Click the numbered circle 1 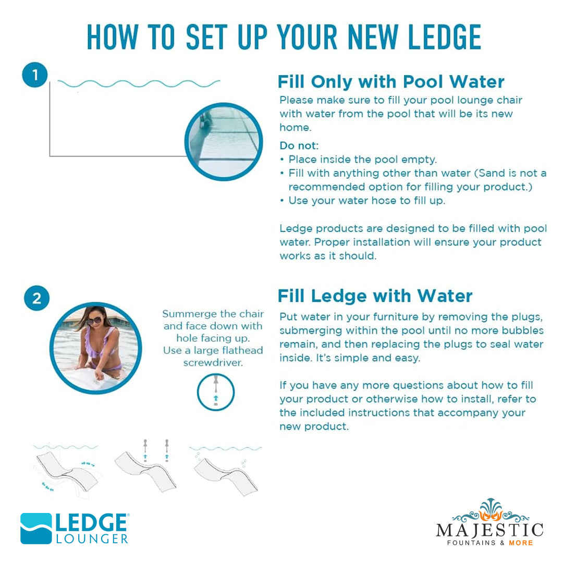[x=35, y=75]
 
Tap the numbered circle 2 [x=36, y=298]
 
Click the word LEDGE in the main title [x=445, y=38]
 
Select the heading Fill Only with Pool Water [x=391, y=82]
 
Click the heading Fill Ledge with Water [x=375, y=296]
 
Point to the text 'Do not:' [x=299, y=145]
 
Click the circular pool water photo [x=224, y=141]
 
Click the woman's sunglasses [x=94, y=321]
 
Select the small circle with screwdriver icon [x=216, y=392]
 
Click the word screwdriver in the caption [x=213, y=363]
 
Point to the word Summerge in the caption [x=189, y=314]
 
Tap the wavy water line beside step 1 [x=139, y=83]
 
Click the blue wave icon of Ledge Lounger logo [x=36, y=528]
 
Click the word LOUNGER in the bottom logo [x=92, y=538]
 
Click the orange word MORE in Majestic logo [x=521, y=543]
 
